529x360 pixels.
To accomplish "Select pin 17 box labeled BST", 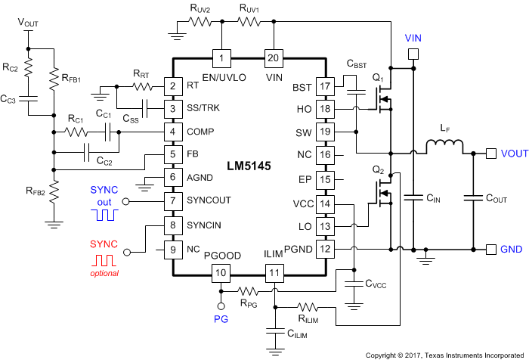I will [325, 87].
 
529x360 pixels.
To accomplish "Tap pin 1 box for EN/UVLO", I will [221, 58].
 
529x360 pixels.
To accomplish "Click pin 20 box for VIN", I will [272, 58].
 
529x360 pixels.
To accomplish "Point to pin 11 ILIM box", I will [274, 273].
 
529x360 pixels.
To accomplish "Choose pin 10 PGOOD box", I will [221, 273].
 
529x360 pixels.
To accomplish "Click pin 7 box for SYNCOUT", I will [173, 202].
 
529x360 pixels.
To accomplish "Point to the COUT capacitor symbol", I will [474, 199].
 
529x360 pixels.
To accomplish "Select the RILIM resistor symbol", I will [309, 307].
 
